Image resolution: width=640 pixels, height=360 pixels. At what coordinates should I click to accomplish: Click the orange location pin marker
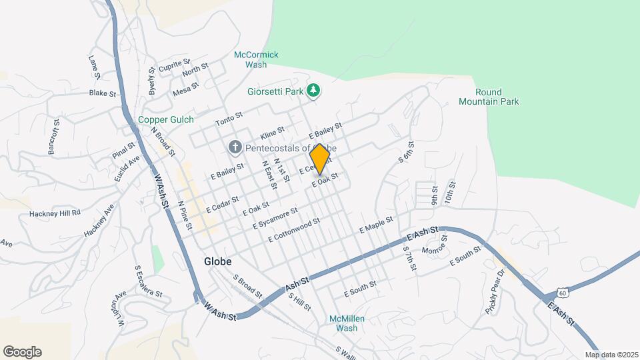320,158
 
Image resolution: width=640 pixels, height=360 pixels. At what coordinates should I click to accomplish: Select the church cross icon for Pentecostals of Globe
235,147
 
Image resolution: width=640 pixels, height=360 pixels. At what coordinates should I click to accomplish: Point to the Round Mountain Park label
488,97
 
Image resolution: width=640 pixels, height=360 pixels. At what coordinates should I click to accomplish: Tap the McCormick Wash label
256,59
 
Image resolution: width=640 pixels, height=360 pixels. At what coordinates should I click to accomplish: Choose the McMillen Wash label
347,323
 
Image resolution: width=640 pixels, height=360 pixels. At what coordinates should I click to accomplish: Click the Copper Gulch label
165,120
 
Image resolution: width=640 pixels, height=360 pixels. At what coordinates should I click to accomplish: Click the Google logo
22,352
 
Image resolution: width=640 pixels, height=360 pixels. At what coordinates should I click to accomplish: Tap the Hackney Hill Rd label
55,213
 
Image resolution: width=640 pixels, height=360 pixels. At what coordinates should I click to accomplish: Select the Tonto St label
229,121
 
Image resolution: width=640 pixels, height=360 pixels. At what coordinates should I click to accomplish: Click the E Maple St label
376,224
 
